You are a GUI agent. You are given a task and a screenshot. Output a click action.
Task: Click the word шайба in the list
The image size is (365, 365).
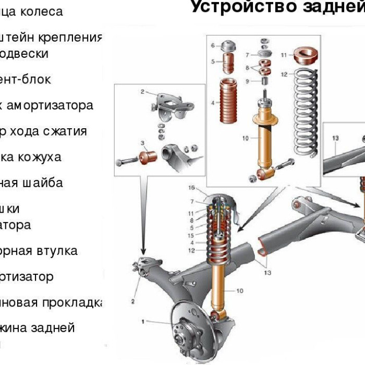(46, 183)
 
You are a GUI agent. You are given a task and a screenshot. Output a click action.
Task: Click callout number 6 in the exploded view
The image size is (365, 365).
(213, 46)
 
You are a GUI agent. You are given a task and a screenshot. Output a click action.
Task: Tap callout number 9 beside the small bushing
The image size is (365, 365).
(248, 81)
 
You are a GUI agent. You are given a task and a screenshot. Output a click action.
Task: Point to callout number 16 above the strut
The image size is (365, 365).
(191, 188)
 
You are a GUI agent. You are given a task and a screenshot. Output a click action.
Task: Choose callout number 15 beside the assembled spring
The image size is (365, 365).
(191, 235)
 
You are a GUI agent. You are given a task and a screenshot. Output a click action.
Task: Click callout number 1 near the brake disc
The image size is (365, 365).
(142, 321)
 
